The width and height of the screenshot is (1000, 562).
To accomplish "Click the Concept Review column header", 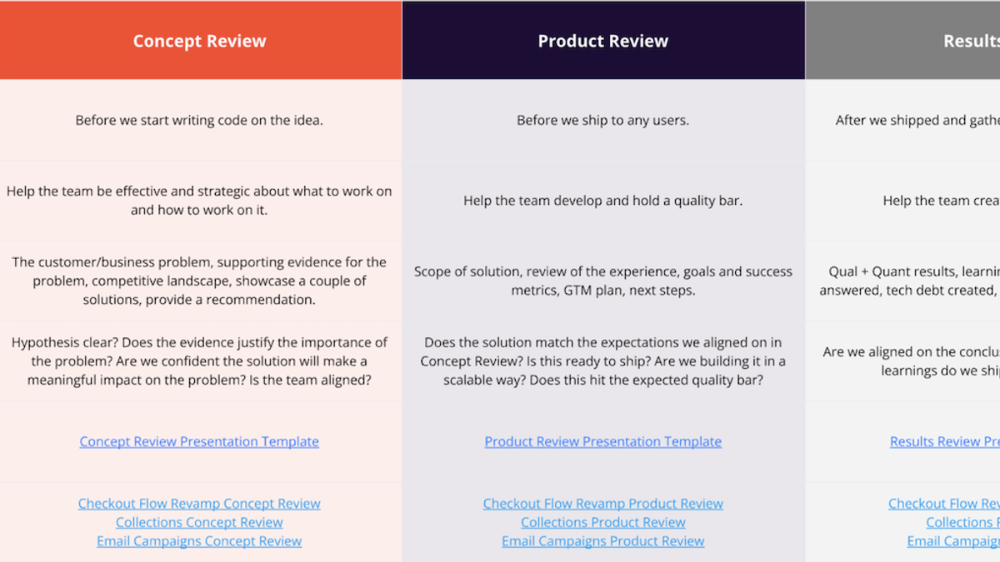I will point(199,41).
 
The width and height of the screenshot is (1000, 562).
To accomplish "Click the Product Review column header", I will point(602,41).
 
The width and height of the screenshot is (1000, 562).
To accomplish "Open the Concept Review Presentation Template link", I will point(199,441).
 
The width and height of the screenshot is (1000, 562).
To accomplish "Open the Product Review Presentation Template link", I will point(602,441).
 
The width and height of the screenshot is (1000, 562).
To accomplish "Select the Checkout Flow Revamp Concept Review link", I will point(199,504).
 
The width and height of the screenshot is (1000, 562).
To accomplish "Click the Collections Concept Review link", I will point(199,522).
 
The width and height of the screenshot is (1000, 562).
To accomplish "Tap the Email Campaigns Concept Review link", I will point(199,541).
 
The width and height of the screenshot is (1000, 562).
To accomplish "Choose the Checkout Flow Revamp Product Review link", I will point(602,504).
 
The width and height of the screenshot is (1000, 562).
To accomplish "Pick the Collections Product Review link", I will point(602,522).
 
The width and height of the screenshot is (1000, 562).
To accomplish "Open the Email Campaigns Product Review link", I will point(602,541).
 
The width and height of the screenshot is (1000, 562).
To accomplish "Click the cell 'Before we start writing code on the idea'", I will point(199,120).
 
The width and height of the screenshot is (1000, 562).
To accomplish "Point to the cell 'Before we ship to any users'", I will point(602,120).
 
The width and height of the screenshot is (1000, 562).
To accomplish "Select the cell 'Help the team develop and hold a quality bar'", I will point(602,201).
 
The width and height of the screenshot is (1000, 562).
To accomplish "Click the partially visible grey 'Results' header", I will point(971,41).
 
